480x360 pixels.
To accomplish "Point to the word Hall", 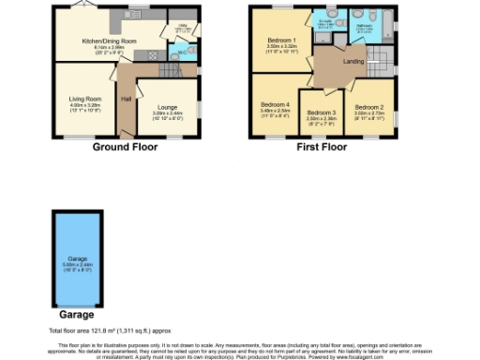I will [126, 97].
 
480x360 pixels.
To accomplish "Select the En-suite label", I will [324, 20].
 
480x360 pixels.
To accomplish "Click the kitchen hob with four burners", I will [145, 55].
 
